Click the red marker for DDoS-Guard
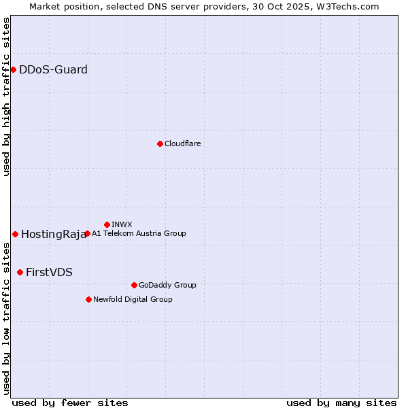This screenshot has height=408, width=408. tap(13, 69)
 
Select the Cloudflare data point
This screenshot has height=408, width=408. tap(160, 143)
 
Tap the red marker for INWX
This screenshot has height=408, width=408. tap(107, 224)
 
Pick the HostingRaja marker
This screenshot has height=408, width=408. tap(15, 234)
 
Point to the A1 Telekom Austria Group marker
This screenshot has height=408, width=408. tap(87, 233)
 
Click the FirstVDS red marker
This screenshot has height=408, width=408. tap(20, 272)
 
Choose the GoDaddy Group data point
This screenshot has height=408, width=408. tap(134, 285)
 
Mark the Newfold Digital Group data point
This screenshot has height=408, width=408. tap(88, 299)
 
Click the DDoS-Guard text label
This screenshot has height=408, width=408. tap(53, 69)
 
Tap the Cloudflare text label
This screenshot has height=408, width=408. tap(182, 143)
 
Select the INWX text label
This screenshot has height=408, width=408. tap(122, 224)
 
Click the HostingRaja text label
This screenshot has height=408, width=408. tap(53, 235)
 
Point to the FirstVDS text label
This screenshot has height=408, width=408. tap(49, 273)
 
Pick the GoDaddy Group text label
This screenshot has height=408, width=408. tap(167, 285)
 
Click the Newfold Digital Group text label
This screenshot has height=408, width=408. tap(133, 299)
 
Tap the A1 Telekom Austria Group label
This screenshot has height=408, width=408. tap(139, 233)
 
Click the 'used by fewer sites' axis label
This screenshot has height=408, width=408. tap(70, 403)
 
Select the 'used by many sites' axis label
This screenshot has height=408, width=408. tap(341, 403)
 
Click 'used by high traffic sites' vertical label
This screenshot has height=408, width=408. tap(6, 97)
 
